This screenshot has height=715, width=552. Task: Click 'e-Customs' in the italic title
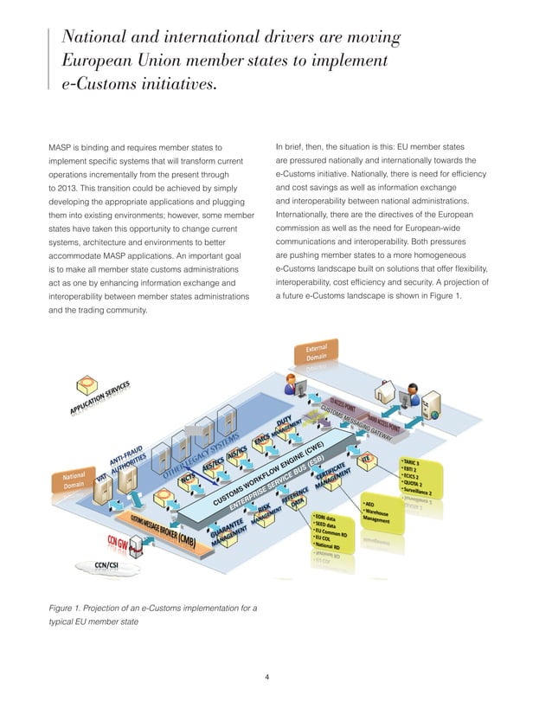(90, 85)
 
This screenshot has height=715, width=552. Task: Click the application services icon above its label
(87, 383)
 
